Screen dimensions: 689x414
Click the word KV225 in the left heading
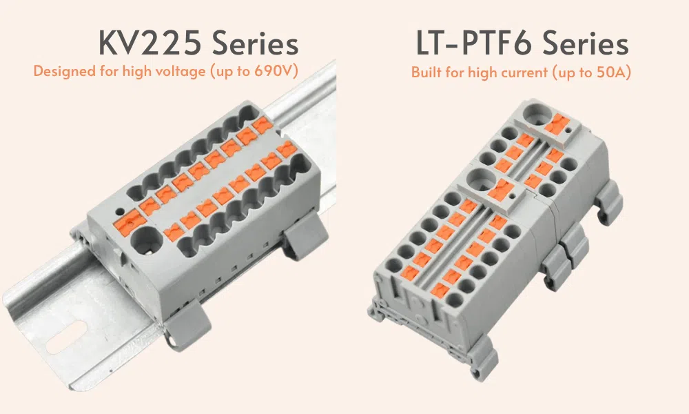click(150, 43)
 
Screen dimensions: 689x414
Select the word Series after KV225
click(256, 43)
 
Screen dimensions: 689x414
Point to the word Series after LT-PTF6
click(585, 43)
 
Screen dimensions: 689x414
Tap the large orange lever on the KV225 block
click(128, 219)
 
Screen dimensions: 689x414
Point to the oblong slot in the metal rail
click(65, 338)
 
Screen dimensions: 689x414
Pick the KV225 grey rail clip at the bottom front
click(187, 319)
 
